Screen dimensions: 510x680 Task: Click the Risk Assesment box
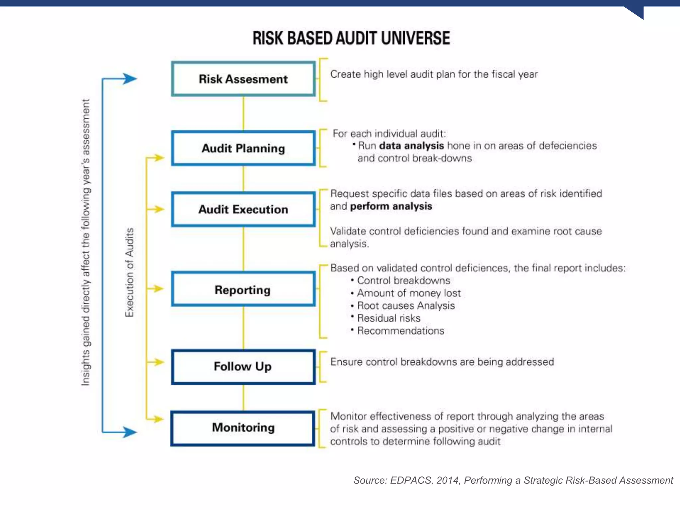(x=243, y=79)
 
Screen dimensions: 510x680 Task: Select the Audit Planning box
(x=243, y=148)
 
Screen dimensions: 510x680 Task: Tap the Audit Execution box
(x=243, y=209)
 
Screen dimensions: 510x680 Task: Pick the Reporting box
(x=243, y=289)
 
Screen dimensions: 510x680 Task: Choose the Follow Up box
(x=243, y=367)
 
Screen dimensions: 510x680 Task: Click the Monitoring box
(x=243, y=428)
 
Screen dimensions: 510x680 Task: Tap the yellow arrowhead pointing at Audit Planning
(x=159, y=158)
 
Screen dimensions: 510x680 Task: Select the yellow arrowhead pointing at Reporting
(x=159, y=289)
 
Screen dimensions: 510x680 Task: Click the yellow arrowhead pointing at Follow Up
(x=159, y=362)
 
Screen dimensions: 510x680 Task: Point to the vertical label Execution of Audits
(x=129, y=272)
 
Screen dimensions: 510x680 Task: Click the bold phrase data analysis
(x=411, y=146)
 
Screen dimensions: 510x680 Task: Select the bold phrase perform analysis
(x=391, y=206)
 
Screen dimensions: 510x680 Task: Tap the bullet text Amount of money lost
(x=409, y=293)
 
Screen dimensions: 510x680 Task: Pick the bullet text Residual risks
(x=388, y=318)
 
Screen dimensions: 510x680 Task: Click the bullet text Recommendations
(x=400, y=331)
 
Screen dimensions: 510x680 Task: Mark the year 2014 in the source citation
(x=448, y=480)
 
